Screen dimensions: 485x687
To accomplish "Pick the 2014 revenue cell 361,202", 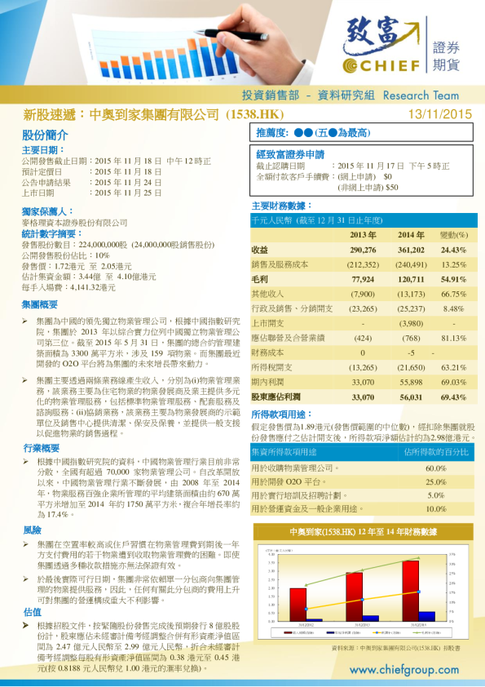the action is coord(411,250).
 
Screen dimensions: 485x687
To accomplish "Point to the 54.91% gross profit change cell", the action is coord(453,279).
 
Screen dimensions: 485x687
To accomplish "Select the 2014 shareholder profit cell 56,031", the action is coord(411,397).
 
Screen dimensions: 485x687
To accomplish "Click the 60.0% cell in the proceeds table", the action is coord(436,468).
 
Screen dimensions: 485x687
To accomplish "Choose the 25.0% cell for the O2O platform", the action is coord(436,482).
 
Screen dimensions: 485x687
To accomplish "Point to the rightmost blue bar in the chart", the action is coord(426,616).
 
